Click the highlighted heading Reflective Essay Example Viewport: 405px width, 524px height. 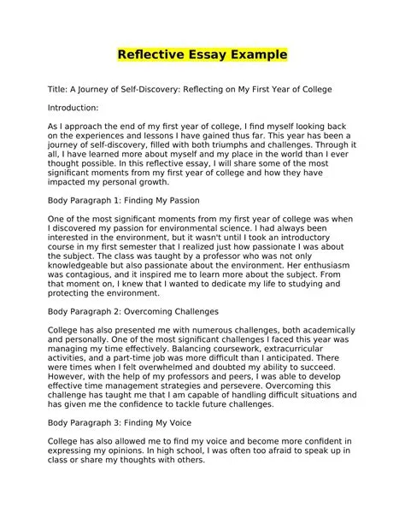pos(202,56)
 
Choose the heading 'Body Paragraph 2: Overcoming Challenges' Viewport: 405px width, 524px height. pos(132,312)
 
